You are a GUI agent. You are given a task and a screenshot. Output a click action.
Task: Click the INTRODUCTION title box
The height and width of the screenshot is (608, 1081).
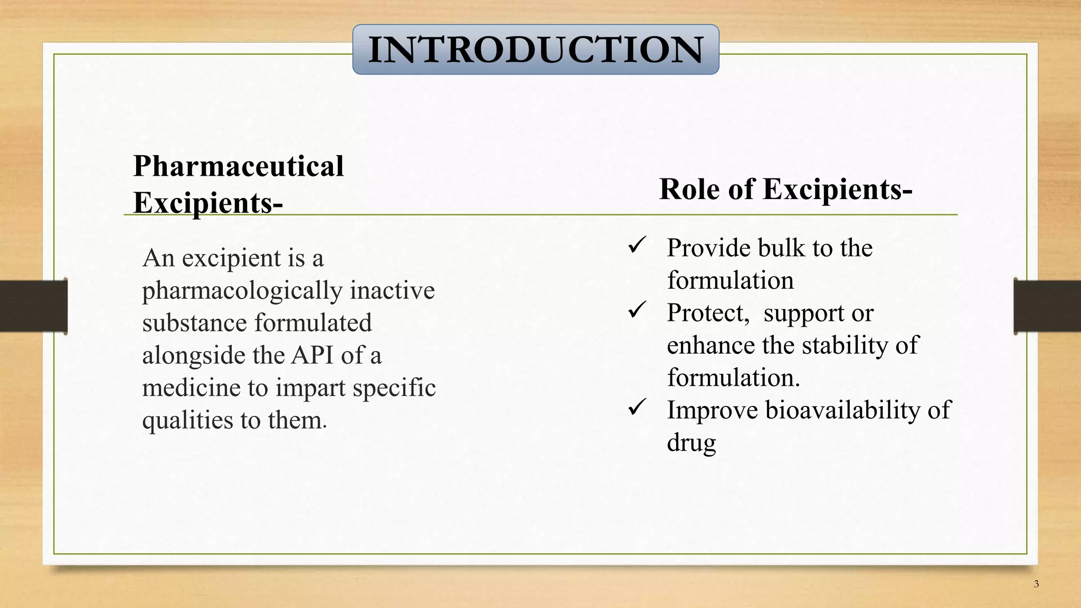coord(535,49)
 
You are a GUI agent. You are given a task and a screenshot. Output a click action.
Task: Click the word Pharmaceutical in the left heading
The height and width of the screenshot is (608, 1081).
coord(238,166)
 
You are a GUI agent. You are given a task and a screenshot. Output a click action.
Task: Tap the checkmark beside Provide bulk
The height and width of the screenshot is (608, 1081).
coord(637,245)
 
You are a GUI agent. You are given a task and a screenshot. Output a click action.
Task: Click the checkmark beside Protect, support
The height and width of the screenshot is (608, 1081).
coord(637,310)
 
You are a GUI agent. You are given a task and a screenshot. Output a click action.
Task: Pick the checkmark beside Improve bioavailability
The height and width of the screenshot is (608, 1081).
coord(637,407)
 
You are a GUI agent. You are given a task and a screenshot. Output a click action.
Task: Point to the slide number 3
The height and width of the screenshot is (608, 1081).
coord(1036,584)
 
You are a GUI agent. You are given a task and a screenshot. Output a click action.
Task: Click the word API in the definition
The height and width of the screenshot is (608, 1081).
coord(312,355)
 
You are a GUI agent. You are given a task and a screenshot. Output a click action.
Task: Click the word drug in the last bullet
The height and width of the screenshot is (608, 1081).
coord(691,443)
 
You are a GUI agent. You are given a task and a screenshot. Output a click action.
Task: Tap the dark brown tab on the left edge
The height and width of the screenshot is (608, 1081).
coord(33,306)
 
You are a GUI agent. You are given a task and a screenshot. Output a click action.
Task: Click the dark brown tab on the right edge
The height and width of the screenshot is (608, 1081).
coord(1047,306)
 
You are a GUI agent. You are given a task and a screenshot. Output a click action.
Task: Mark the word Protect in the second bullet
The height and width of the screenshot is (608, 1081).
coord(707,313)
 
